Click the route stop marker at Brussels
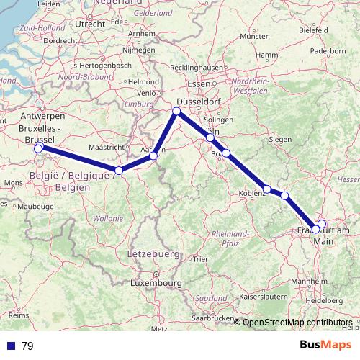pos(39,148)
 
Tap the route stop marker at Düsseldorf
pos(176,111)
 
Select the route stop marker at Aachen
pos(153,156)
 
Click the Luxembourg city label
pos(156,284)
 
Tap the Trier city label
pos(200,258)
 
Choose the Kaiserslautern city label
pos(268,296)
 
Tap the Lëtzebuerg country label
pos(153,255)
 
